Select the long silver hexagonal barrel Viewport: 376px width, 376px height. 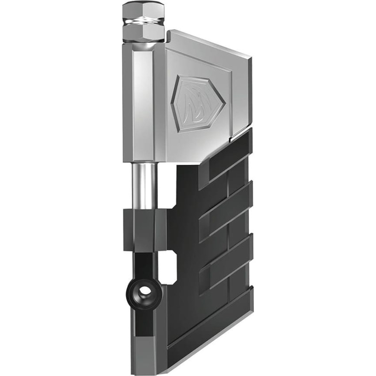click(144, 103)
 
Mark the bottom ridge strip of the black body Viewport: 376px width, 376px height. click(211, 329)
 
